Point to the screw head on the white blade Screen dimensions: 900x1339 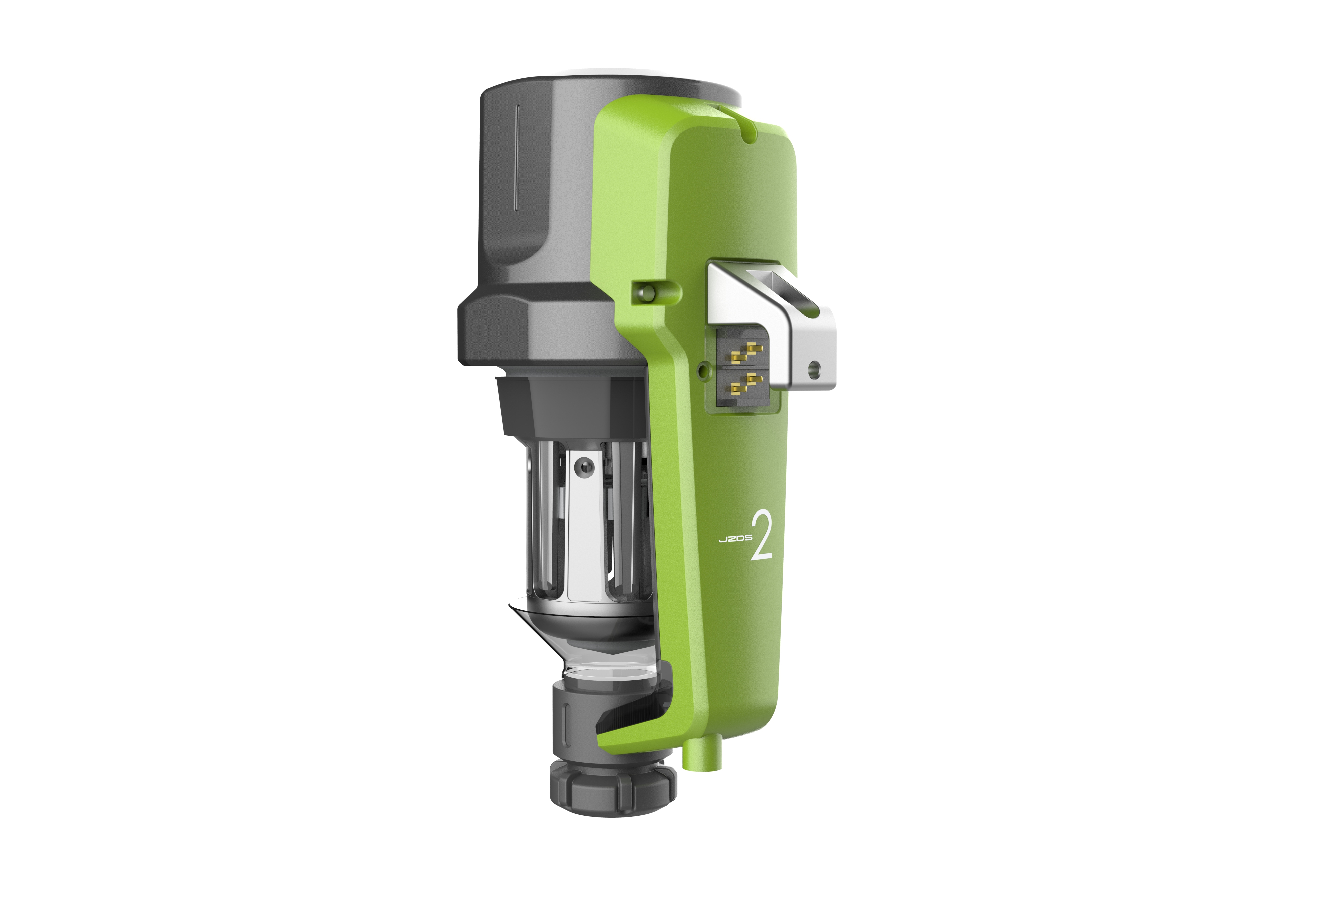click(584, 468)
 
